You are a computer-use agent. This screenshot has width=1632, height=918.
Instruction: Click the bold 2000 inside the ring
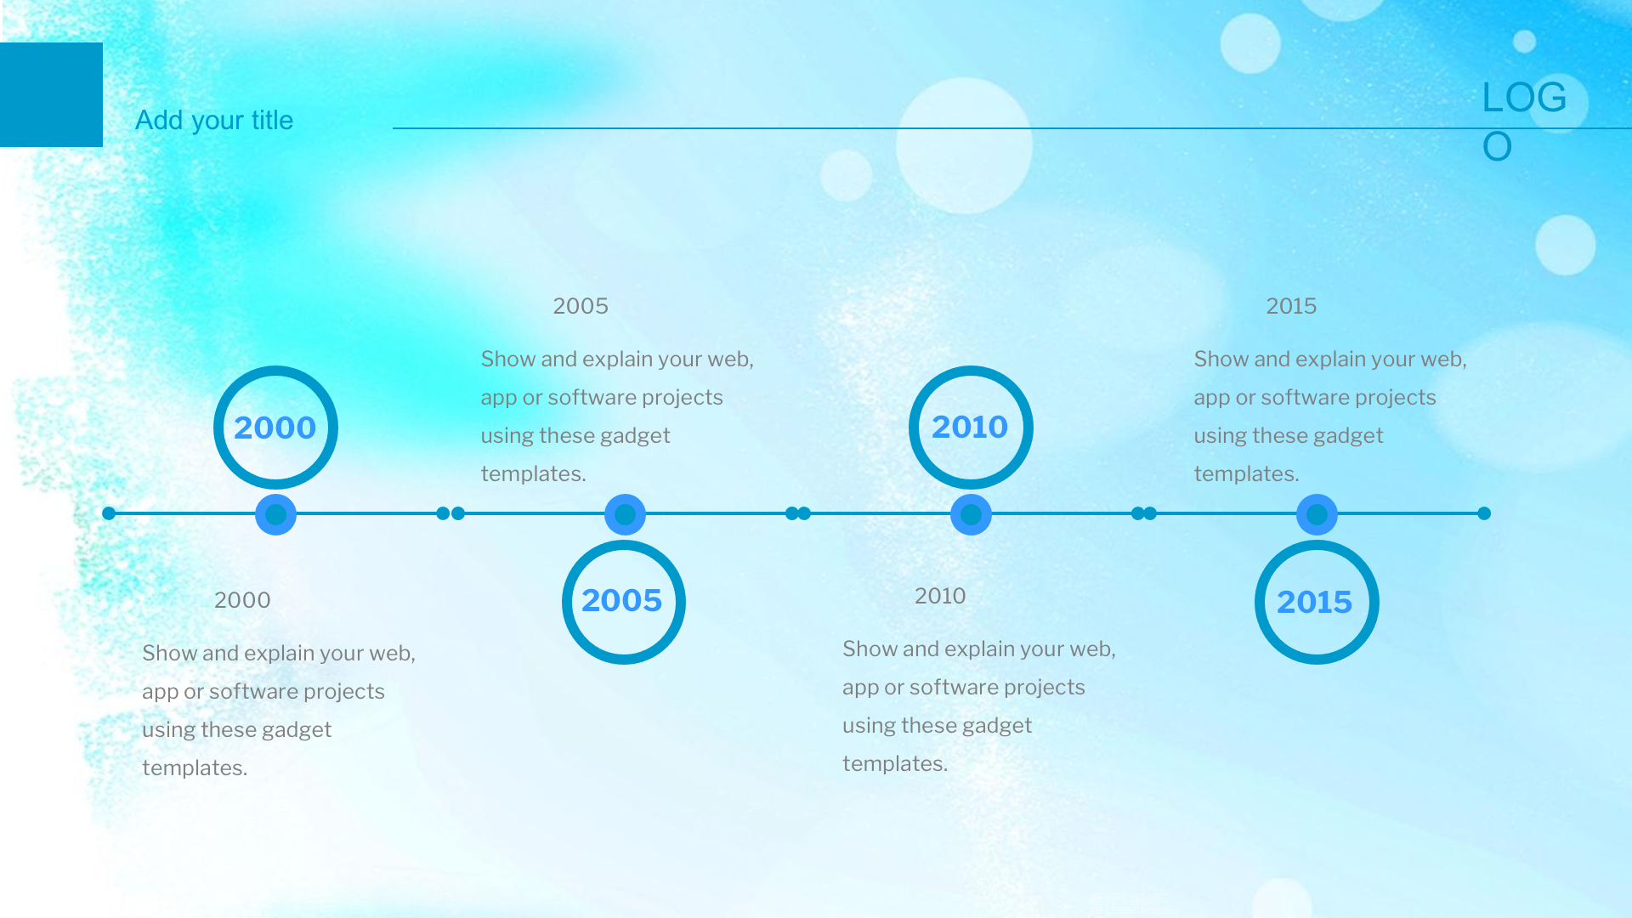pos(275,428)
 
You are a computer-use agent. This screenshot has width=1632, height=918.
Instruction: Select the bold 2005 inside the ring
pos(621,601)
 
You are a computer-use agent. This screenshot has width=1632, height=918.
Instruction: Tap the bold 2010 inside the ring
pos(970,427)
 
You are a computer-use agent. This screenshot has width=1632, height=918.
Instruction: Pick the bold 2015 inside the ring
pos(1314,602)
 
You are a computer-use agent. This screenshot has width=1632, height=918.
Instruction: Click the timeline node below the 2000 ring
pos(275,514)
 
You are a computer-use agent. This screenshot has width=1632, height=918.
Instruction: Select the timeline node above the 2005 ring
pos(625,514)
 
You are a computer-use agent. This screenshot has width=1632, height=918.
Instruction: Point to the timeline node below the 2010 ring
pos(971,514)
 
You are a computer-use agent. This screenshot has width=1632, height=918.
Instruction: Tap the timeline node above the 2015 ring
pos(1317,514)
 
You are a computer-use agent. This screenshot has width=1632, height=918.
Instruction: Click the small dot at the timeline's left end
pos(109,513)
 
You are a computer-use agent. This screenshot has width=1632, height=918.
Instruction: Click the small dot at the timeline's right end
pos(1484,513)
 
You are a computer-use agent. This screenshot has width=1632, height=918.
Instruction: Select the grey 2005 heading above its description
pos(581,306)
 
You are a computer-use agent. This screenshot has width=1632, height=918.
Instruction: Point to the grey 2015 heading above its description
pos(1291,306)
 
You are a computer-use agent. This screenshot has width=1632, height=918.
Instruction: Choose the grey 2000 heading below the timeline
pos(242,600)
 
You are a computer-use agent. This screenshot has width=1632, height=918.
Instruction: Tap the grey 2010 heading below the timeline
pos(940,596)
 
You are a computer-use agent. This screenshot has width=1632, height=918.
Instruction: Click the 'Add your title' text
pos(214,121)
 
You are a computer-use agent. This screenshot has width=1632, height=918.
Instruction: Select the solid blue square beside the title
pos(51,94)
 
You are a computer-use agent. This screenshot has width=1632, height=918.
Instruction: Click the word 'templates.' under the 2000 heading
pos(195,768)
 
